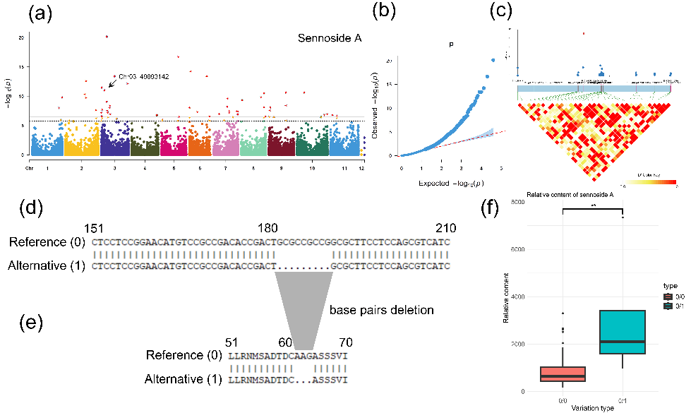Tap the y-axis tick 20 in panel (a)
pos(22,37)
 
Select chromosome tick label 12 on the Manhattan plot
pos(361,169)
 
